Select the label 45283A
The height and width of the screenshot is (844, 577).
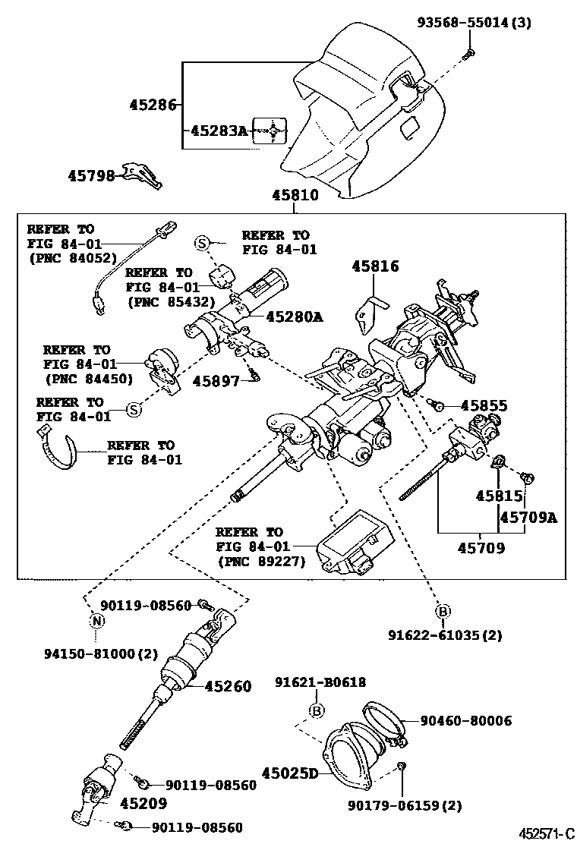pyautogui.click(x=219, y=131)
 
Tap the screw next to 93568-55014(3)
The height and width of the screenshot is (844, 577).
pyautogui.click(x=468, y=52)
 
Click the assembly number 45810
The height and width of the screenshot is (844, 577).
pyautogui.click(x=295, y=196)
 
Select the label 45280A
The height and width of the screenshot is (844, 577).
pyautogui.click(x=293, y=317)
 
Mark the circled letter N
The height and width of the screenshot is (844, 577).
pyautogui.click(x=97, y=621)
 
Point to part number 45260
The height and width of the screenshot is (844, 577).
pyautogui.click(x=228, y=687)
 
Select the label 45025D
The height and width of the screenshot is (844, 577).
pyautogui.click(x=290, y=773)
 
